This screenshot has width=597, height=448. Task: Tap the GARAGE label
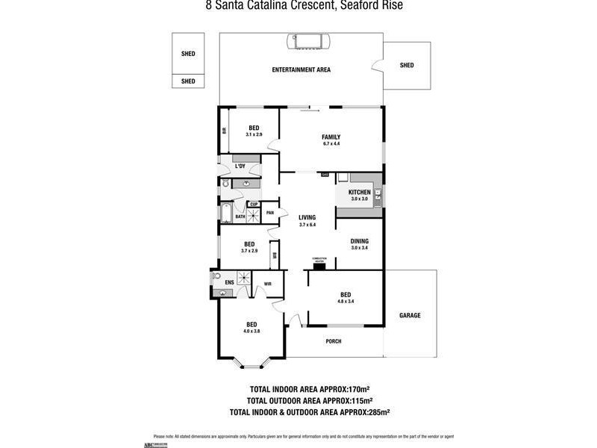point(410,315)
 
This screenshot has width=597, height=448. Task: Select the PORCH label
point(334,341)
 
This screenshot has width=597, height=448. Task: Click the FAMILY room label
point(331,137)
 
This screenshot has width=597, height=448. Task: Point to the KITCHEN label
point(360,192)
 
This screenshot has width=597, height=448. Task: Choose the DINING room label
point(360,241)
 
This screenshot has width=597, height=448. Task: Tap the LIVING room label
point(307,217)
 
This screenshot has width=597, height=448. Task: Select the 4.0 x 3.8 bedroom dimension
point(251,331)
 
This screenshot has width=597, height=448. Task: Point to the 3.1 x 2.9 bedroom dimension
point(254,134)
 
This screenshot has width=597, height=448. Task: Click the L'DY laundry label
point(240,166)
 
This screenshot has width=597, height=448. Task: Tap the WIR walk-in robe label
point(267,284)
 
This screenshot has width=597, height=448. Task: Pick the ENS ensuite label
point(229,282)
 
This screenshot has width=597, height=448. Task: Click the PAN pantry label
point(270,212)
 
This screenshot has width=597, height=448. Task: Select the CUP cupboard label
point(254,205)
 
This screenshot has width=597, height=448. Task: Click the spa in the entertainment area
point(307,40)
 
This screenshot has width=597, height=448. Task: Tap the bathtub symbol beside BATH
point(225,215)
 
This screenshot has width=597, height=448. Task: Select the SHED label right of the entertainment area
point(407,65)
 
